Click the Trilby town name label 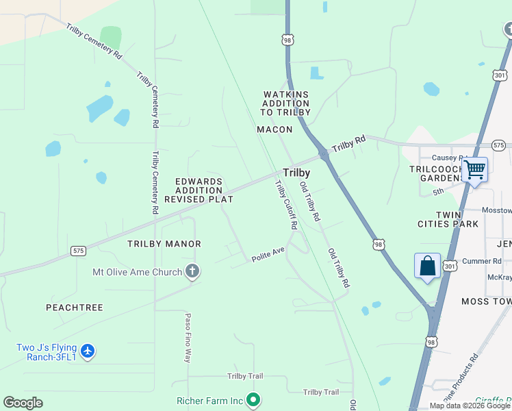[296, 173]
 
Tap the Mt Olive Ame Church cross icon [192, 272]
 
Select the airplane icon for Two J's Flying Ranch [87, 351]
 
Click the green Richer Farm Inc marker [253, 399]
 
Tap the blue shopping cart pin [474, 170]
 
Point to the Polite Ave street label [268, 253]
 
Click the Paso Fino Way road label [187, 337]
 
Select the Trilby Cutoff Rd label [286, 204]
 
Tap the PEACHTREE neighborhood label [75, 308]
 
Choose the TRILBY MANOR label [164, 244]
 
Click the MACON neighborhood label [274, 129]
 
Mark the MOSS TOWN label [486, 301]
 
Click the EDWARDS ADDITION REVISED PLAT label [199, 190]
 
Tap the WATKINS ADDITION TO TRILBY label [287, 103]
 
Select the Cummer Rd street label [481, 261]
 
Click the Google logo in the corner [23, 402]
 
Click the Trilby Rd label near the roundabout [349, 144]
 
